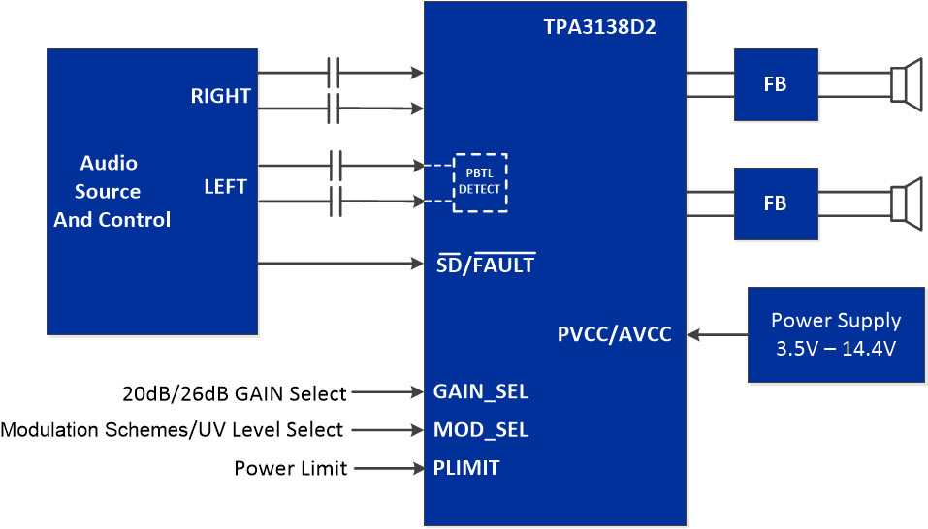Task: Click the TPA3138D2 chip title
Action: pos(599,27)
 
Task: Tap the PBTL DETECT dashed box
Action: pos(480,182)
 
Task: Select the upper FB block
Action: pos(776,84)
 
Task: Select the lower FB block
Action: pos(776,203)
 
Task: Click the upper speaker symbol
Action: pos(907,84)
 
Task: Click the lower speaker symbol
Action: pos(907,203)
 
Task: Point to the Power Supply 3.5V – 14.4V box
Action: pos(836,333)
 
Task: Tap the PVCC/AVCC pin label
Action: pos(614,335)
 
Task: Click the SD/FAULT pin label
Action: pos(486,264)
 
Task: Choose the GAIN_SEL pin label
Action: pos(481,392)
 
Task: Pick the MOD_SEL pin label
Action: pos(481,429)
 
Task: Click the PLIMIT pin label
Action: pos(466,468)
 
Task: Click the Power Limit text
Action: pos(290,469)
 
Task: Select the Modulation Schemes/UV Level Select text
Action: pos(172,430)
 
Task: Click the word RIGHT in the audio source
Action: pos(220,96)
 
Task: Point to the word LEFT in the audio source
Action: pos(225,186)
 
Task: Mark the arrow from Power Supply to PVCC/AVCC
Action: pos(717,335)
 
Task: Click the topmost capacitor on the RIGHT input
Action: pos(334,73)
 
